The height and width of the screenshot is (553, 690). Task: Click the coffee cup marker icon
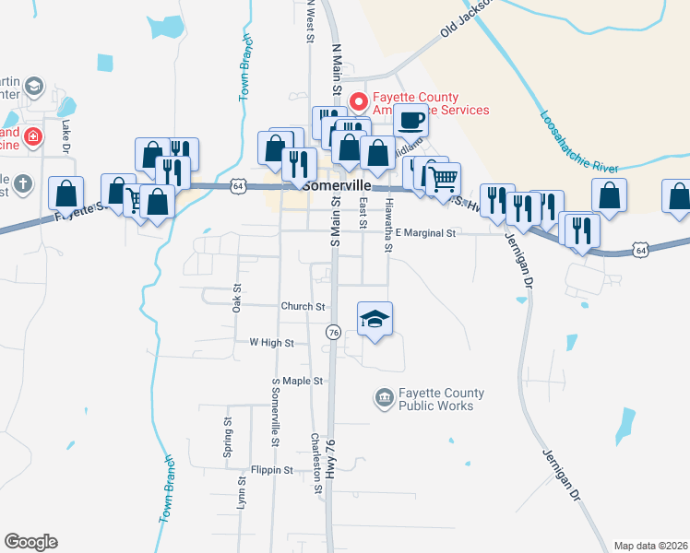(x=410, y=119)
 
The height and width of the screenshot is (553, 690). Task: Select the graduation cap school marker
(x=375, y=319)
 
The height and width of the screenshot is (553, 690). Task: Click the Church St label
(x=303, y=306)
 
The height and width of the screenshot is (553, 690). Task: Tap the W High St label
(x=271, y=342)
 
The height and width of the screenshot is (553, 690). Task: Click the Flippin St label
(x=270, y=469)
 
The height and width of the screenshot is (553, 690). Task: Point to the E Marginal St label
(x=426, y=233)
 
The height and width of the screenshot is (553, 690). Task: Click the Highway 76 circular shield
(x=334, y=331)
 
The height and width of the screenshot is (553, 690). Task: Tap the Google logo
(x=30, y=542)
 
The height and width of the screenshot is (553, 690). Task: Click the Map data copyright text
(x=650, y=546)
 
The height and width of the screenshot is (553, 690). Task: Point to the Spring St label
(x=227, y=429)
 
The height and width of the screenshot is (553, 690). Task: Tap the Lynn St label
(x=241, y=493)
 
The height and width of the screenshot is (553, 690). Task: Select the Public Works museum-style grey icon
(x=384, y=398)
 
